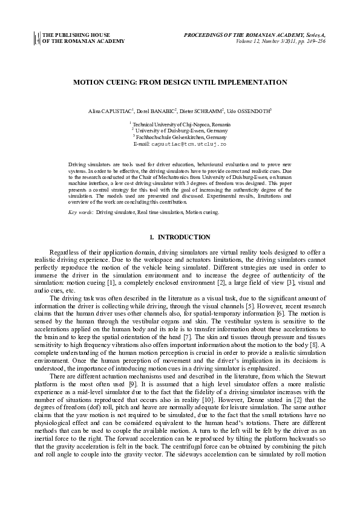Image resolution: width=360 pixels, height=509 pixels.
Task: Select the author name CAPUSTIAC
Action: [x=117, y=112]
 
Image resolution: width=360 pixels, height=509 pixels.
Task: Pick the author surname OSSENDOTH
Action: [x=253, y=112]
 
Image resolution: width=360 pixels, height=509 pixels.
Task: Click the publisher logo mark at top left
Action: [x=36, y=38]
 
